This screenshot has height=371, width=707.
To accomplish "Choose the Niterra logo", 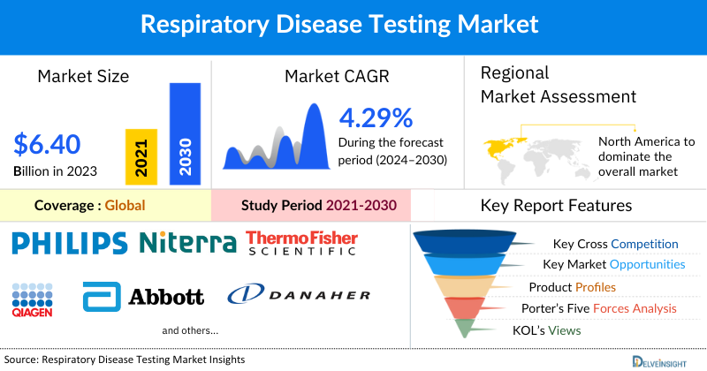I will (x=187, y=242).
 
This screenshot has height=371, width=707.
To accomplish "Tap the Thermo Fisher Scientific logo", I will (x=300, y=243).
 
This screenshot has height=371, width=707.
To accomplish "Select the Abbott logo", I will (x=143, y=297).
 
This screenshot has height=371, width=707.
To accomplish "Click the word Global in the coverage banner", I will (x=125, y=206).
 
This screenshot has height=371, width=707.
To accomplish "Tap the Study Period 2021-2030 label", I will (x=318, y=206).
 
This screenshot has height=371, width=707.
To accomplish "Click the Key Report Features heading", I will (x=556, y=206).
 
